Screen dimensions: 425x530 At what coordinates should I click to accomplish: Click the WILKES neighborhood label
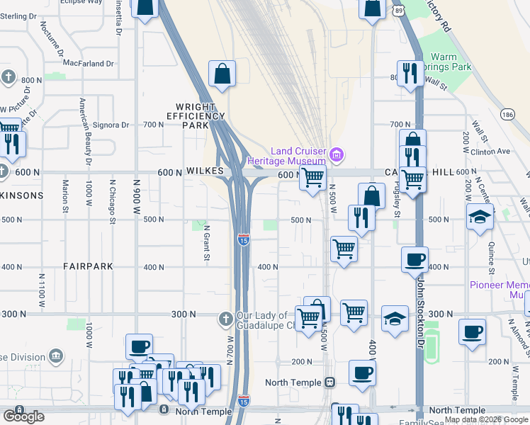205,171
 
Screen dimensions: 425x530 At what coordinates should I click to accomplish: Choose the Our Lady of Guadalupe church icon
225,317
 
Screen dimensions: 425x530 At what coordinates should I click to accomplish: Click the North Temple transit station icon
329,382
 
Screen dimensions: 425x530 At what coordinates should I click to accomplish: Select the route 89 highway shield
400,11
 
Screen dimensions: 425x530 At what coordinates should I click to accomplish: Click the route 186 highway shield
507,114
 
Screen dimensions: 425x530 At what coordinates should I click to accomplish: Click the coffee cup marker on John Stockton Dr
415,259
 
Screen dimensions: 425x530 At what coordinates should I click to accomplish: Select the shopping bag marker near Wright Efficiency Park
222,74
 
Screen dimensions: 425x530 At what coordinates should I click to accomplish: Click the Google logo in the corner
23,416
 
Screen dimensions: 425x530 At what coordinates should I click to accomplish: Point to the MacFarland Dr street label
89,64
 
